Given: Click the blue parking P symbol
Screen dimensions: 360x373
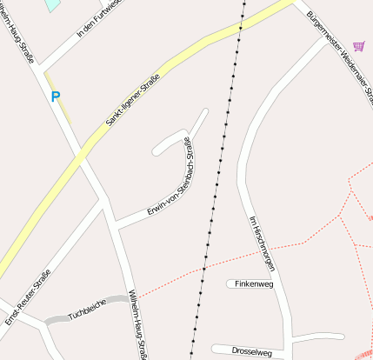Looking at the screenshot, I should click(x=56, y=97).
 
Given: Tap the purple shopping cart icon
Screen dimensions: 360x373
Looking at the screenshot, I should click(x=358, y=45).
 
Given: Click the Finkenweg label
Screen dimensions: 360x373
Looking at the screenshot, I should click(x=255, y=283).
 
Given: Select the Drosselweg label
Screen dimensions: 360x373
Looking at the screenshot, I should click(x=252, y=351).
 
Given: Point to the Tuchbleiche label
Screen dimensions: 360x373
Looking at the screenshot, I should click(x=85, y=310).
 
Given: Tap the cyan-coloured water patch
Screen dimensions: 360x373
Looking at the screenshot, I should click(x=53, y=4).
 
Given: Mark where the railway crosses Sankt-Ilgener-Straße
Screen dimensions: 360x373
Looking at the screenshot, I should click(x=240, y=28).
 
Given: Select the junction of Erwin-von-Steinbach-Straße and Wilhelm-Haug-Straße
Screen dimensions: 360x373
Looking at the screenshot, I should click(x=116, y=228).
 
